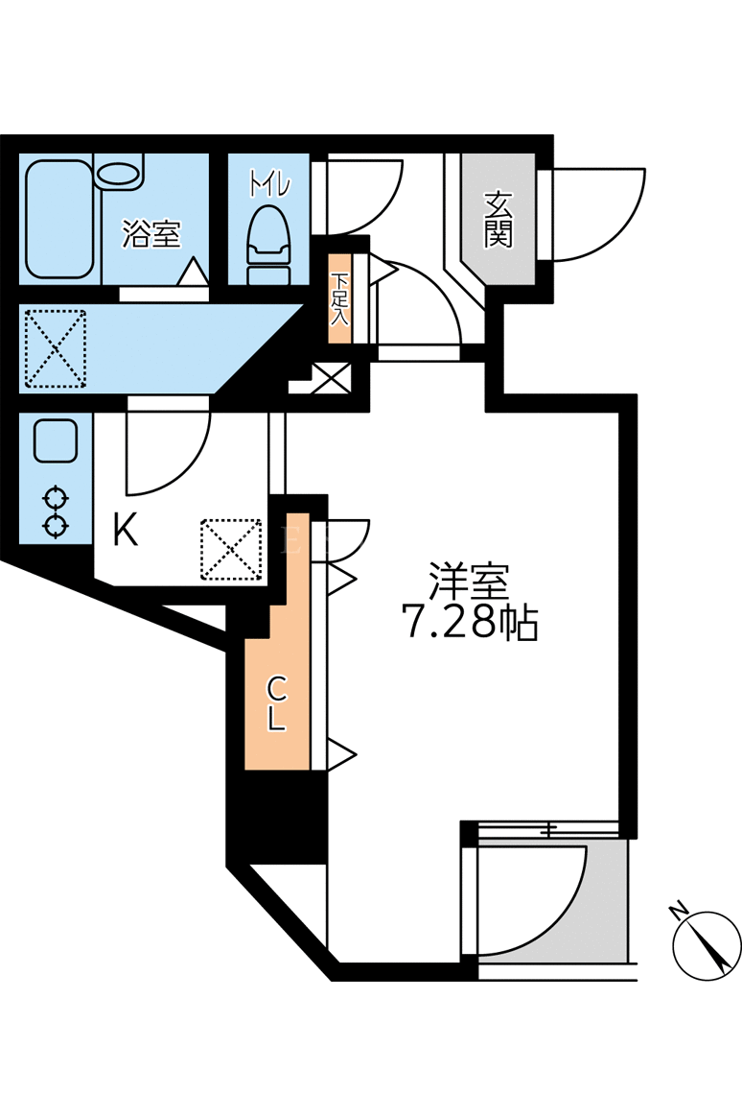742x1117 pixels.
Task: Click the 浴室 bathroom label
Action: click(151, 233)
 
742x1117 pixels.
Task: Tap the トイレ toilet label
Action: click(269, 184)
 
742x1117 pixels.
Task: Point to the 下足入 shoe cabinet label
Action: click(340, 299)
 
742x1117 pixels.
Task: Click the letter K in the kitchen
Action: click(126, 530)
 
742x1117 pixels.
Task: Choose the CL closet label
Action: click(276, 703)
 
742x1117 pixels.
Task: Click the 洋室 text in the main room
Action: click(469, 581)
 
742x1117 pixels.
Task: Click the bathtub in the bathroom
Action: click(59, 220)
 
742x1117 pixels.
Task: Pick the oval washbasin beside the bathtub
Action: click(119, 174)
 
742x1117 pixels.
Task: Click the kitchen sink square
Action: click(55, 441)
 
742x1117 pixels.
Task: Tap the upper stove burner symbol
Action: click(55, 496)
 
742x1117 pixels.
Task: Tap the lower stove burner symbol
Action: click(55, 526)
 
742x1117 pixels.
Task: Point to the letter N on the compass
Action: click(679, 911)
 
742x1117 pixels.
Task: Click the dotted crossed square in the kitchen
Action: click(231, 550)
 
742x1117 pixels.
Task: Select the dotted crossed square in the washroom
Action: click(56, 348)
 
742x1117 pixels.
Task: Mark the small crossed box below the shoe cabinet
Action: click(333, 377)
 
